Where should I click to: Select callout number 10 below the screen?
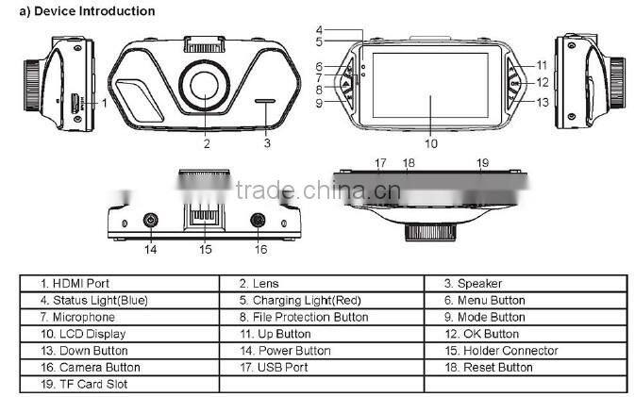(x=431, y=144)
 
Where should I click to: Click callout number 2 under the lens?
(x=206, y=144)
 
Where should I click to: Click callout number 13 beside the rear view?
(x=543, y=102)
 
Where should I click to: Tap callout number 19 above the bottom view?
(x=482, y=163)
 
